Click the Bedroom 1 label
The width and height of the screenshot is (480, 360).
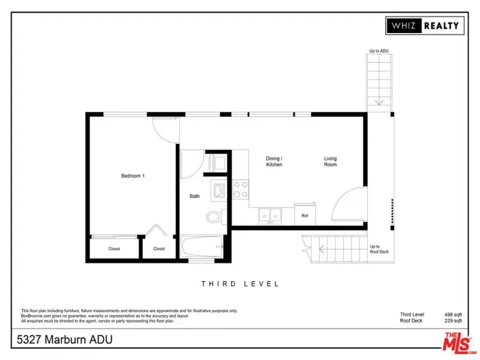click(133, 176)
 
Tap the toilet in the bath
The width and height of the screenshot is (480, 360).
click(216, 217)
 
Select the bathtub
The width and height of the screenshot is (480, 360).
click(202, 247)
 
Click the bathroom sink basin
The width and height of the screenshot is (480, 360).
click(219, 190)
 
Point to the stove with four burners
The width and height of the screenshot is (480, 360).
click(241, 189)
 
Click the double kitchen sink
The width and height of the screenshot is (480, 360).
click(269, 215)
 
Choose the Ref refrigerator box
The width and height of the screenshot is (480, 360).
click(305, 214)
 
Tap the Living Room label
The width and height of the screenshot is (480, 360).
click(331, 161)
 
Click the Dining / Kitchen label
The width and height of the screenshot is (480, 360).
click(274, 161)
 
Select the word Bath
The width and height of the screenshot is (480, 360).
click(194, 196)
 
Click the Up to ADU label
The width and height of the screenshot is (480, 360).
click(379, 51)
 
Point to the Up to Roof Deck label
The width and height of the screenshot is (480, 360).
click(379, 249)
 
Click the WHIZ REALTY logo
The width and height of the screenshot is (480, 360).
click(425, 25)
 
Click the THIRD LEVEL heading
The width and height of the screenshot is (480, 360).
click(240, 284)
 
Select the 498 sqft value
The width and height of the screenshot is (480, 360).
click(453, 314)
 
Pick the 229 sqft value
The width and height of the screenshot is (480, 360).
click(453, 320)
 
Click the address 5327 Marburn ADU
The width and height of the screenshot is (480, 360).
click(65, 340)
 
